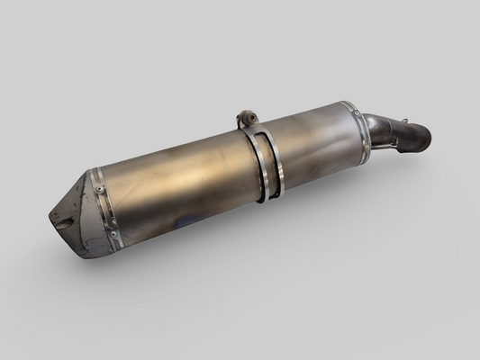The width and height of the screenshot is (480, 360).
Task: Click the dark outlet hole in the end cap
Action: point(61,220)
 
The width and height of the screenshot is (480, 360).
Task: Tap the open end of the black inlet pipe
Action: point(422,139)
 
